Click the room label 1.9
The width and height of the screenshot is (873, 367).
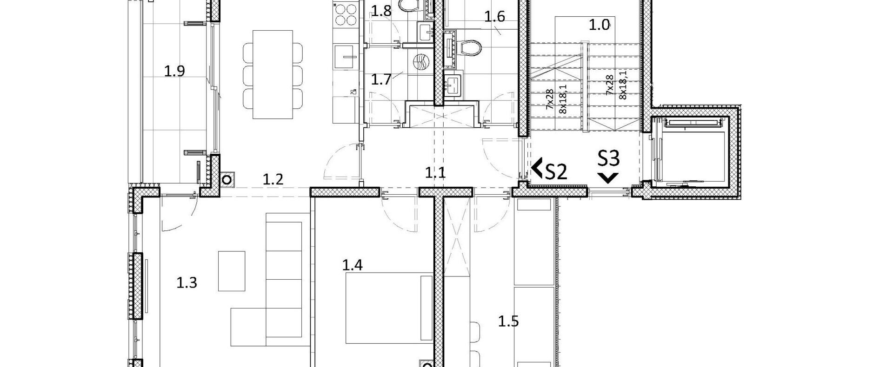point(174,71)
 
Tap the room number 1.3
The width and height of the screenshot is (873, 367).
point(187,282)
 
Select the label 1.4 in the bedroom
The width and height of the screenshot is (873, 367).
point(353,265)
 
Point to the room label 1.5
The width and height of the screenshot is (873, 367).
point(508,321)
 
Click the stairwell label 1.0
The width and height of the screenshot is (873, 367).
point(600,25)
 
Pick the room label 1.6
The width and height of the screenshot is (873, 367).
point(494,17)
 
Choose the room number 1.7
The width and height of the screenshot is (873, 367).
point(381,79)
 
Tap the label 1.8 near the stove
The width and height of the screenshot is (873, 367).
point(381,11)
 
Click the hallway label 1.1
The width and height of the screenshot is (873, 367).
point(435,173)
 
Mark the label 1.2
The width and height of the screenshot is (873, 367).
point(273,179)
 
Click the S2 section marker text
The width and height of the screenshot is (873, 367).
point(556,172)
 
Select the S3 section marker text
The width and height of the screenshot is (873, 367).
point(608,159)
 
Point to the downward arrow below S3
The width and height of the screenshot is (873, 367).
point(608,177)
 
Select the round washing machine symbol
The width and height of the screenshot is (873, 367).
point(421,62)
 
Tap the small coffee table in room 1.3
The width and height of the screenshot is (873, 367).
point(232,271)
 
